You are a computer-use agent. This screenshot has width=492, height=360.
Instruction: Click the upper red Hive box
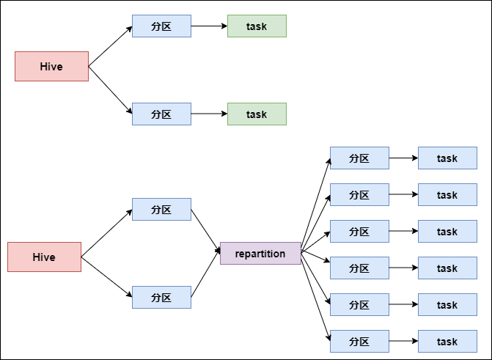click(x=51, y=66)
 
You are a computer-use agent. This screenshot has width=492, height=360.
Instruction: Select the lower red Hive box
click(x=44, y=257)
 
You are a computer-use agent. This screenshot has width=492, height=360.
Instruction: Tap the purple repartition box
click(x=260, y=253)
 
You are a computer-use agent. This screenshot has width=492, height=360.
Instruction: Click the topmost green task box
click(x=257, y=26)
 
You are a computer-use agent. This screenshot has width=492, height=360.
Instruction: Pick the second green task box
click(x=257, y=114)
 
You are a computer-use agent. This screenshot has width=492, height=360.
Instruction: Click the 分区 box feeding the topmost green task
click(x=161, y=26)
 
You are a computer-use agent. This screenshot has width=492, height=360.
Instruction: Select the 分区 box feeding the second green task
click(x=161, y=114)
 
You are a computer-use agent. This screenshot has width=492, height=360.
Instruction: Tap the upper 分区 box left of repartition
click(x=161, y=209)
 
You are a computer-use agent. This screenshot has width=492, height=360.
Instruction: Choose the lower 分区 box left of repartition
click(x=161, y=297)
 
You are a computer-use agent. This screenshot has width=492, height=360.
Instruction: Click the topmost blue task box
click(x=447, y=158)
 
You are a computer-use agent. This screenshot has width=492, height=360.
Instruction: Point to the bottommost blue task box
click(x=447, y=341)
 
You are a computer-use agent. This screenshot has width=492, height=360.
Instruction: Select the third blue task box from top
click(x=447, y=231)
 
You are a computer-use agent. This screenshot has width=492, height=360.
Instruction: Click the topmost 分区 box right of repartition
click(x=359, y=158)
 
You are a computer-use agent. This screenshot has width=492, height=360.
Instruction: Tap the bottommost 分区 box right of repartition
click(x=359, y=341)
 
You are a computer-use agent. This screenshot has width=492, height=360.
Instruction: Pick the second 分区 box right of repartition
click(x=359, y=194)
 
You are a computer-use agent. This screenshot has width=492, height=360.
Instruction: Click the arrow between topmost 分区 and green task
click(x=209, y=26)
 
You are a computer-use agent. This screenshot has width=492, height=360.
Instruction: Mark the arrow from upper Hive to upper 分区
click(x=110, y=46)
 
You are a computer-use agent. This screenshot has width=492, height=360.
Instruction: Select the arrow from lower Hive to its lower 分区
click(x=106, y=277)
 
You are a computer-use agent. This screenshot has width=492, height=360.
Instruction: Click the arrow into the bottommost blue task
click(x=403, y=341)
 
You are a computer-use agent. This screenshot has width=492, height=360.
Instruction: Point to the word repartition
click(x=260, y=254)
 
